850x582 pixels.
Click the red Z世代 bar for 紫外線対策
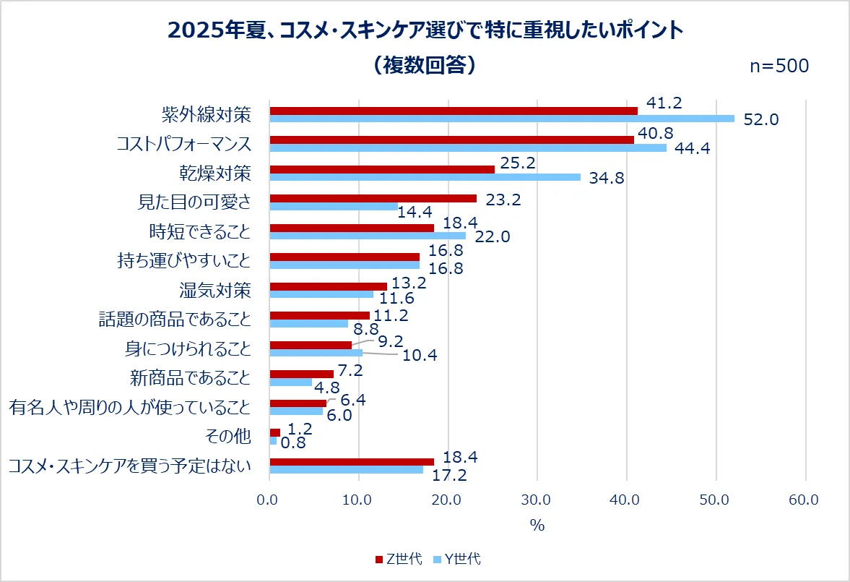[x=454, y=111]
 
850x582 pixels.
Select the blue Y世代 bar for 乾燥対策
[x=425, y=177]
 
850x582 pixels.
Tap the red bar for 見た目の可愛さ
[x=373, y=198]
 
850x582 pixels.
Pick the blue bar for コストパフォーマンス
[x=468, y=147]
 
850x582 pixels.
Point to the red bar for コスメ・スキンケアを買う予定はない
[x=352, y=461]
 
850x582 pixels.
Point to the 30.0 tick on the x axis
[x=537, y=499]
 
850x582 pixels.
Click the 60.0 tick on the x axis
[x=805, y=499]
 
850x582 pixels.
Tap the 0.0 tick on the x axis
[x=269, y=499]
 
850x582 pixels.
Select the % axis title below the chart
[x=537, y=526]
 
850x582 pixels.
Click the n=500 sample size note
[x=779, y=66]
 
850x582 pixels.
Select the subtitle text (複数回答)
[x=425, y=65]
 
